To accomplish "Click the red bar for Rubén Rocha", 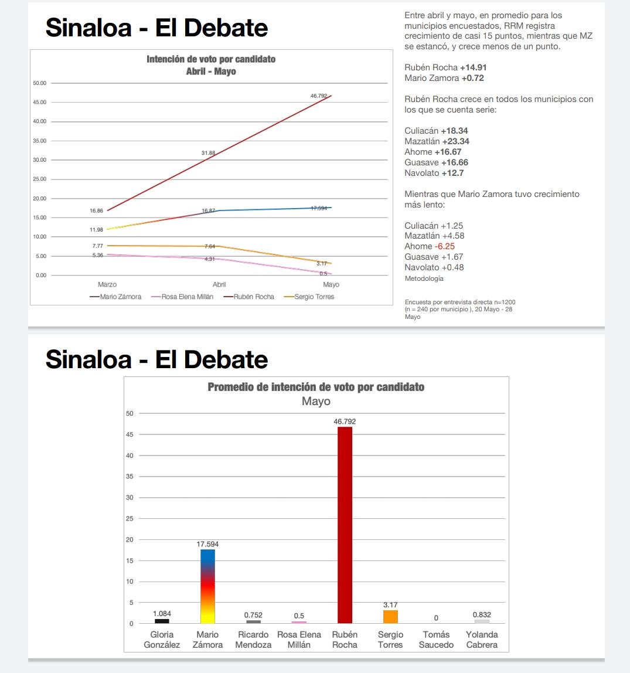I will (345, 525).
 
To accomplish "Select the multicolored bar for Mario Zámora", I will (207, 586).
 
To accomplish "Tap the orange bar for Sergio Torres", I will (390, 617).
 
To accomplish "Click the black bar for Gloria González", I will (162, 621).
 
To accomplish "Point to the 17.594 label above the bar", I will (207, 544).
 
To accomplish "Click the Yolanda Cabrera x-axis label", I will (482, 640).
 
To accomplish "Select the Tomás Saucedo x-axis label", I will (436, 640).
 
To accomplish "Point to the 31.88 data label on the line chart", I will (208, 153).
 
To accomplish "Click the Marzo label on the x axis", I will (107, 284).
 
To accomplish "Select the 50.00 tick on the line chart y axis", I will (40, 83).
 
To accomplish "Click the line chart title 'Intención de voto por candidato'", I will (211, 59).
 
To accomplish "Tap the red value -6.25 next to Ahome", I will (445, 246).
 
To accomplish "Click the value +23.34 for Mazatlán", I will (455, 141).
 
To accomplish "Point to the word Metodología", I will (424, 278).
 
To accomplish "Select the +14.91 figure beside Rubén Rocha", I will (473, 67).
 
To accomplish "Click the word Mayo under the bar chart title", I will (316, 402).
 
